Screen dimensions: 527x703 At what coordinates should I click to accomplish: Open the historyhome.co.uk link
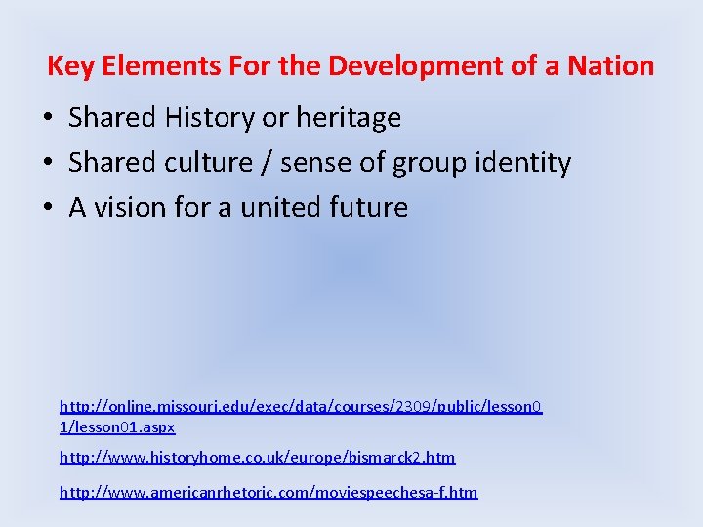tap(257, 457)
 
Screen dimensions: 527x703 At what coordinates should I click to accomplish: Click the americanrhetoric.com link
tap(269, 492)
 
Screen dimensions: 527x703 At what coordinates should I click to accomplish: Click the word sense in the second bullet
tap(315, 163)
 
